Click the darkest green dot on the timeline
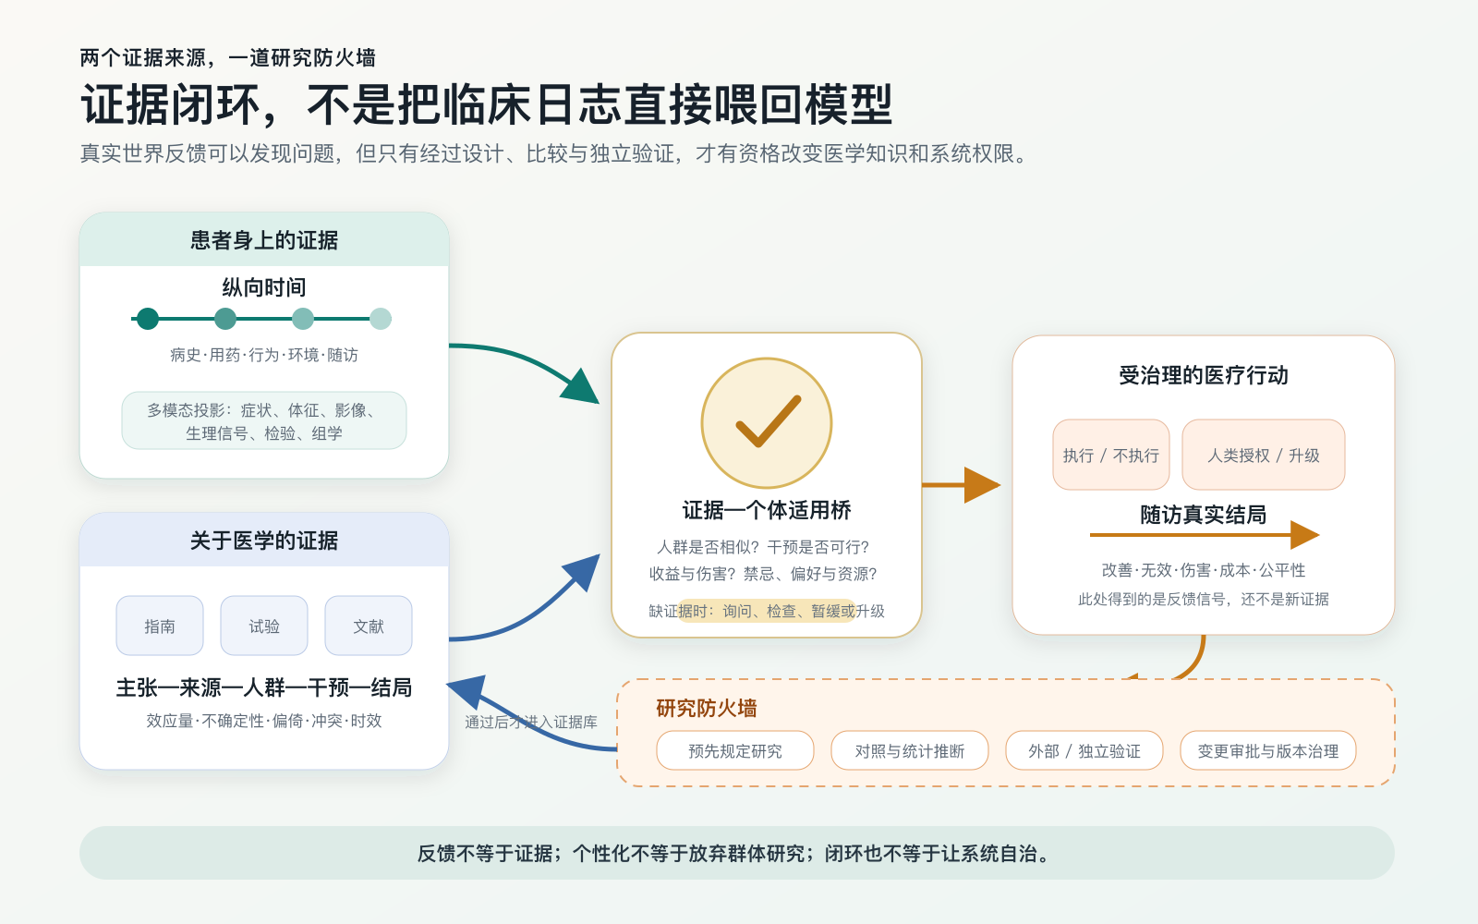tap(148, 319)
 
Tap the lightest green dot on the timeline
tap(381, 319)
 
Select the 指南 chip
tap(160, 626)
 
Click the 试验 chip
tap(264, 626)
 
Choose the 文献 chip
tap(369, 626)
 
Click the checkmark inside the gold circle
tap(768, 422)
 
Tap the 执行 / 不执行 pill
tap(1111, 455)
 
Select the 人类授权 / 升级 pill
tap(1264, 455)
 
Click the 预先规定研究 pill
tap(735, 750)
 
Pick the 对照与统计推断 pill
tap(910, 750)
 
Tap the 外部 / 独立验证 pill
tap(1084, 750)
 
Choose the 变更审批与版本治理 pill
tap(1268, 750)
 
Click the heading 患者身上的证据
tap(264, 240)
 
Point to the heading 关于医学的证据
tap(264, 541)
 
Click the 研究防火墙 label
tap(706, 708)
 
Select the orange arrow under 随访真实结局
tap(1205, 535)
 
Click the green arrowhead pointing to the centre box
tap(581, 386)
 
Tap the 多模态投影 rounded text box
tap(264, 420)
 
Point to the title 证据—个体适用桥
tap(767, 510)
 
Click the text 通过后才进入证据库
tap(530, 722)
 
